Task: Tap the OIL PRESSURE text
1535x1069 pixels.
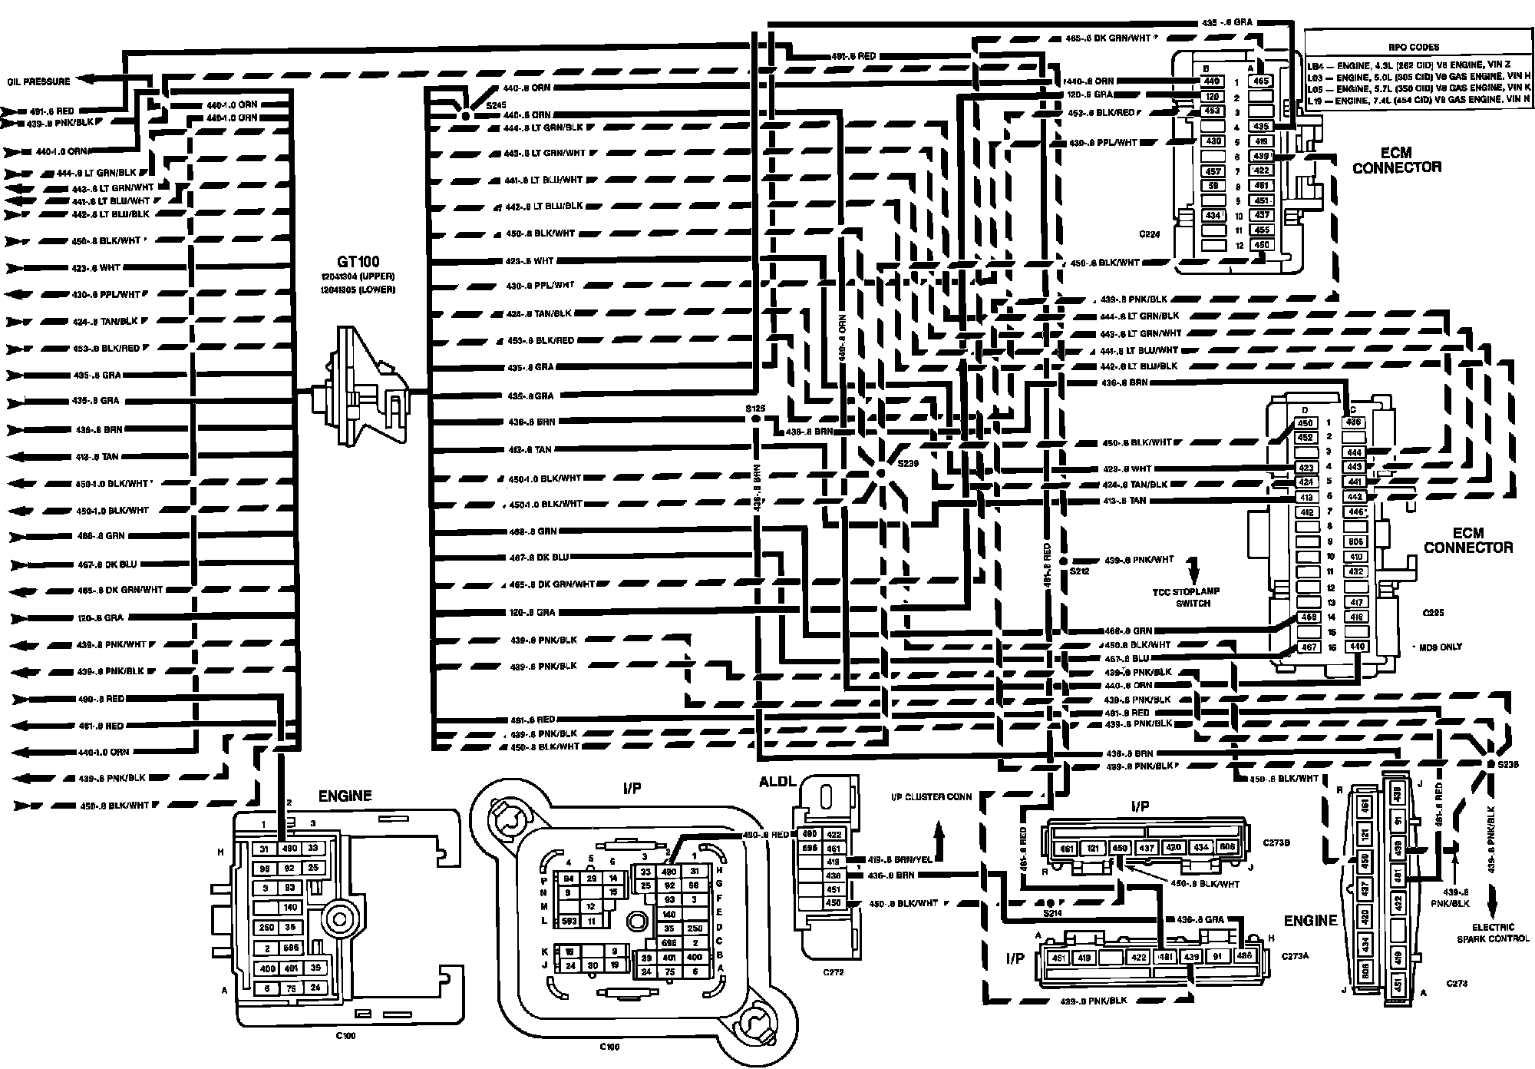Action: (x=39, y=81)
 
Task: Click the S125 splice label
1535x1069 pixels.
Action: (x=755, y=409)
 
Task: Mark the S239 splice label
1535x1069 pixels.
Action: (x=908, y=464)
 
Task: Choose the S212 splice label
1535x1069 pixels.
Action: (x=1079, y=571)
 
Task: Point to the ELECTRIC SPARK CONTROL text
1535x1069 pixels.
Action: (x=1492, y=932)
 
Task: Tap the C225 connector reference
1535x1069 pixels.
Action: (x=1432, y=613)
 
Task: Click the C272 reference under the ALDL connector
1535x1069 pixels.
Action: (x=833, y=971)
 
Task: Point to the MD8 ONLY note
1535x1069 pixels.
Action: (x=1441, y=647)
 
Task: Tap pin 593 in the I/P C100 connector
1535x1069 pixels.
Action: (x=569, y=920)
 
